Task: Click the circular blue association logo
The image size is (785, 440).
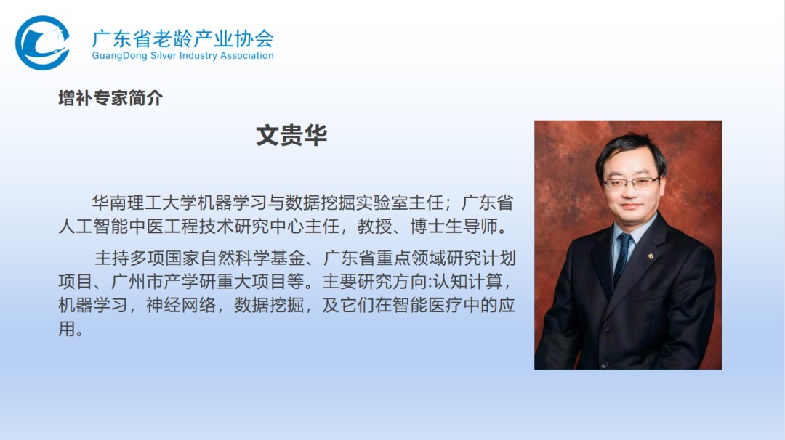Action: [x=42, y=43]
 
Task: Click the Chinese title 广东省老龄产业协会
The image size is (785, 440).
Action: [x=182, y=38]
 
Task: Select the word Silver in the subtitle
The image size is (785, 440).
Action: [x=164, y=55]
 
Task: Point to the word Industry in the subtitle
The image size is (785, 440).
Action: [x=198, y=56]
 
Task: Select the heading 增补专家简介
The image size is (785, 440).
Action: [x=110, y=98]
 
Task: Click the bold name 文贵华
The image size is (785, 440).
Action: [x=291, y=136]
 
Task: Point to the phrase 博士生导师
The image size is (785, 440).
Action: [x=454, y=226]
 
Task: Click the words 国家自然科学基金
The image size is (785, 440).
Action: [x=235, y=258]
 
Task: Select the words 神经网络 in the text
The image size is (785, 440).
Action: [x=181, y=305]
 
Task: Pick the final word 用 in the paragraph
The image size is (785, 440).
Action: [x=67, y=329]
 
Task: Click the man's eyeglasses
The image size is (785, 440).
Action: [x=631, y=183]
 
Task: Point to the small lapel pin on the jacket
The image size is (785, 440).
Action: [x=651, y=257]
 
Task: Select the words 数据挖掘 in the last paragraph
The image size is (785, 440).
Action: [x=269, y=305]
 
